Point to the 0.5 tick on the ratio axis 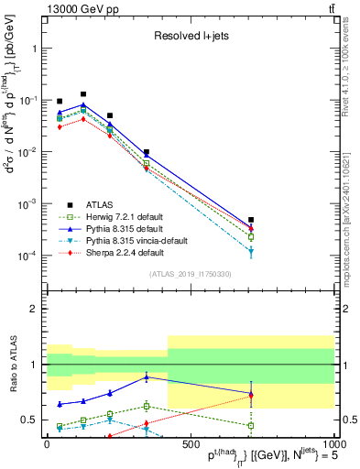click(31, 420)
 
